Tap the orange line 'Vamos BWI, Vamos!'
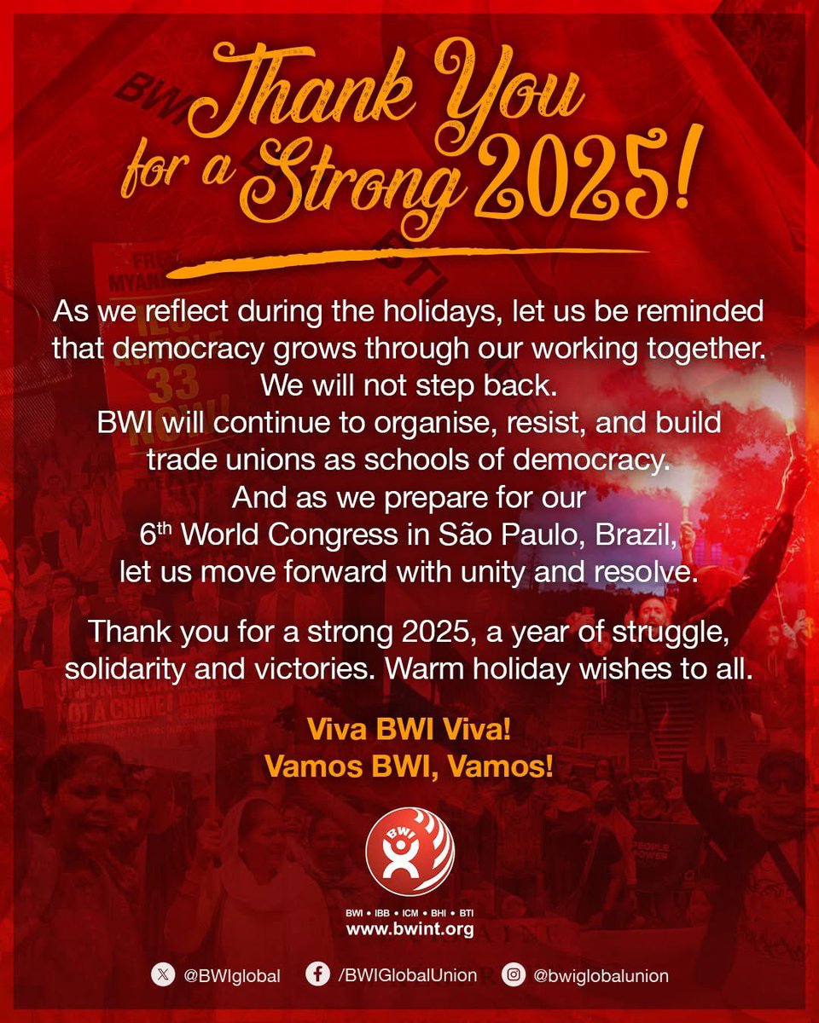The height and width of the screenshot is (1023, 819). (x=409, y=766)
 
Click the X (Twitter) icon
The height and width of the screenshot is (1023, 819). (x=160, y=975)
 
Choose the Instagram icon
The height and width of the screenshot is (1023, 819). (x=513, y=975)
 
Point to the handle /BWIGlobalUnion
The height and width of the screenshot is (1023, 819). (x=407, y=975)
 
